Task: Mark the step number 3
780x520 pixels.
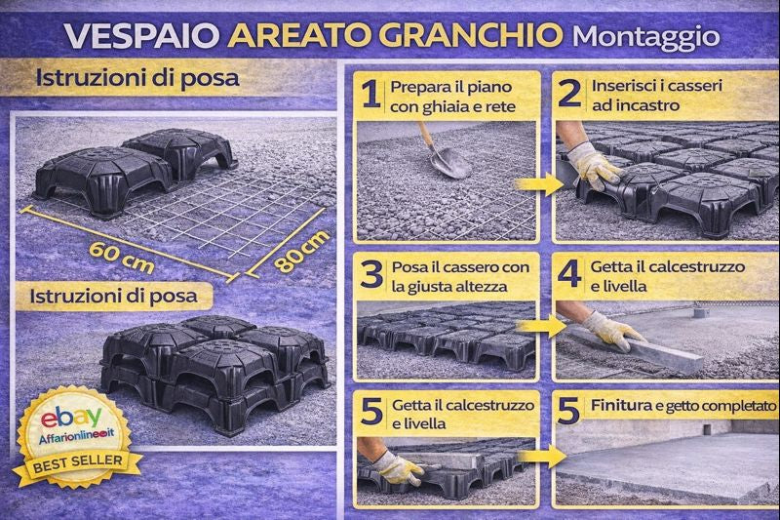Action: pyautogui.click(x=370, y=274)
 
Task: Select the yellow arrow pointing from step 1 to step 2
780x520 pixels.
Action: pyautogui.click(x=534, y=182)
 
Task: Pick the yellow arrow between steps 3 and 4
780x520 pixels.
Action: pyautogui.click(x=534, y=325)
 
